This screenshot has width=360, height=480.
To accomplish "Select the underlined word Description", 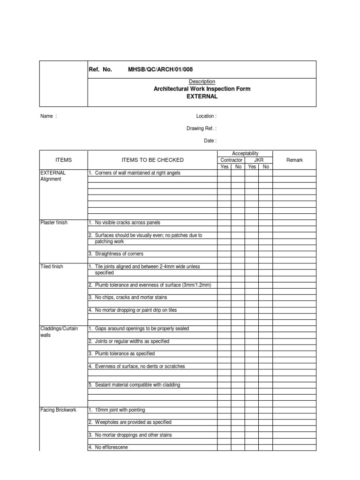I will tap(202, 82).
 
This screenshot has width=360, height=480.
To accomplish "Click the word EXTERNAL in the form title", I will tap(202, 97).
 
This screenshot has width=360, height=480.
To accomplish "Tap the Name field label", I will tap(48, 116).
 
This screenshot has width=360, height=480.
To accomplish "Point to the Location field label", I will tap(206, 116).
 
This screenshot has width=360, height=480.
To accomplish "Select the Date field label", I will tap(210, 141).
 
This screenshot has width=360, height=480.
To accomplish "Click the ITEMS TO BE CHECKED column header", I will tap(152, 160).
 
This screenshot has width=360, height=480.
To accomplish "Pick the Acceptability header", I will tap(245, 154).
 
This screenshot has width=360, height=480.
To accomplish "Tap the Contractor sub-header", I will tap(231, 160).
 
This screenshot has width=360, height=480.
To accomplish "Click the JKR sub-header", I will tap(259, 160).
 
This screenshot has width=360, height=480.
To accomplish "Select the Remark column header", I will tap(294, 160).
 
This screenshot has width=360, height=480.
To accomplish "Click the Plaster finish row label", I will tap(54, 223).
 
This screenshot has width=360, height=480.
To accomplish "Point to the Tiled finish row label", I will tap(52, 267).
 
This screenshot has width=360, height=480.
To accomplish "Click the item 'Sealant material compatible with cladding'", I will tap(137, 385).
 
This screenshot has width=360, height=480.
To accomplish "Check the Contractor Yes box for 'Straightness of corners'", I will tap(224, 254).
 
